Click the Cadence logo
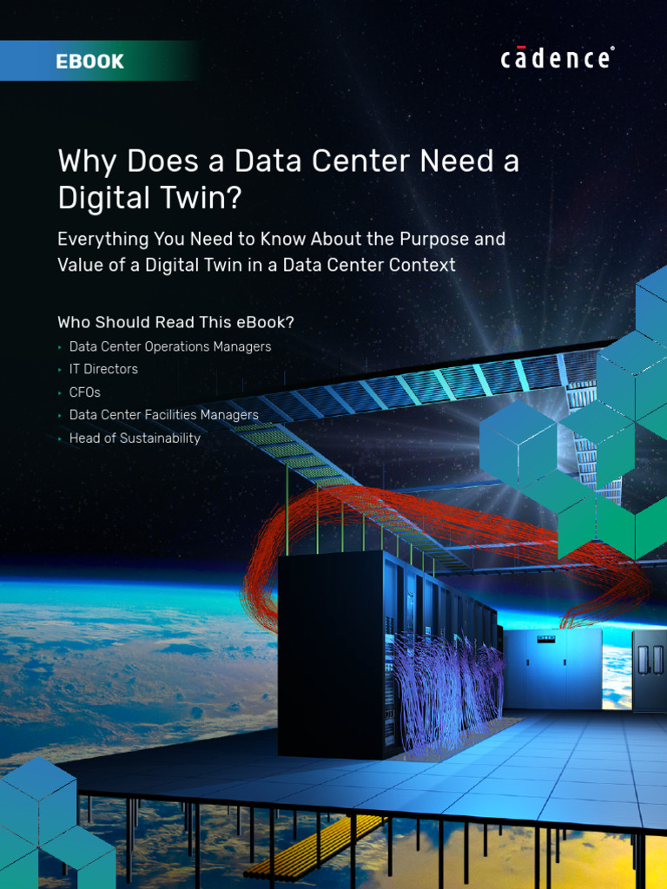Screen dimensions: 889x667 coord(557,58)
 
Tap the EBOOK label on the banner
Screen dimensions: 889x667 coord(89,62)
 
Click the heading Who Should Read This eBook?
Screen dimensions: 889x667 coord(175,322)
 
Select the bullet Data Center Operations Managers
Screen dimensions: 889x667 coord(170,346)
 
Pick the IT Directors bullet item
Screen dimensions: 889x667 coord(103,369)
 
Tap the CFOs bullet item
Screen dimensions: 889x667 coord(85,392)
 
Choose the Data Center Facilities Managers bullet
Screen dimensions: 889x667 coord(163,415)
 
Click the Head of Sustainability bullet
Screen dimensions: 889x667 coord(135,438)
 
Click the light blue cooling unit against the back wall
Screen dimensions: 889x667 coord(552,668)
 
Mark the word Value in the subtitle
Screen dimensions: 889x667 coord(79,265)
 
